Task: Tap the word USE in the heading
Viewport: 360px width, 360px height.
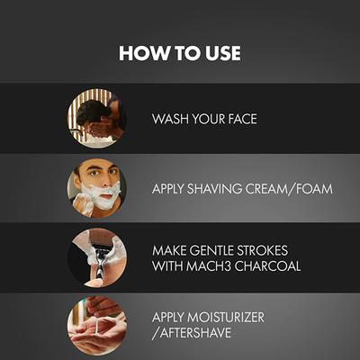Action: pyautogui.click(x=220, y=53)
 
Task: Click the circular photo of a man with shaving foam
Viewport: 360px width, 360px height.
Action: pyautogui.click(x=94, y=189)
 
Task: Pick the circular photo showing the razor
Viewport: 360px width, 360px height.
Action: pyautogui.click(x=94, y=257)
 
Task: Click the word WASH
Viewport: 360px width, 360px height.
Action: pyautogui.click(x=168, y=119)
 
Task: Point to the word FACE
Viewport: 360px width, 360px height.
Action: pyautogui.click(x=238, y=119)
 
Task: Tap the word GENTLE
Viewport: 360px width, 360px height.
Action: pyautogui.click(x=216, y=250)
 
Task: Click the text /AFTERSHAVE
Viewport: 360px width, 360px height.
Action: pyautogui.click(x=193, y=334)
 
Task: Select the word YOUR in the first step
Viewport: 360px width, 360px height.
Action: pyautogui.click(x=205, y=119)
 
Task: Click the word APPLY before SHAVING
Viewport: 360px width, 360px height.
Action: pyautogui.click(x=166, y=189)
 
